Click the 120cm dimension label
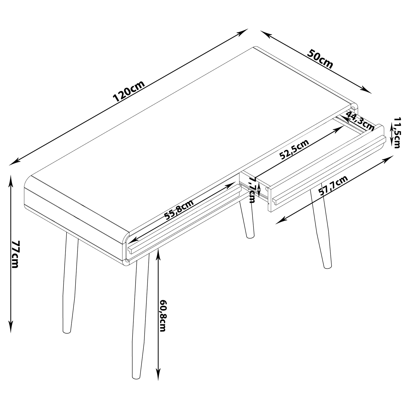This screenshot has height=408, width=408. (x=129, y=91)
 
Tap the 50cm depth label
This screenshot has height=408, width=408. (x=320, y=59)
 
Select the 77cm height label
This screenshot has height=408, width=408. (x=15, y=254)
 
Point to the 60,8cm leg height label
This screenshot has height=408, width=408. (x=163, y=316)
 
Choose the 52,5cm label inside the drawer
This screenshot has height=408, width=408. (x=294, y=150)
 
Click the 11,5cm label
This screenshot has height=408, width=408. (x=397, y=133)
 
